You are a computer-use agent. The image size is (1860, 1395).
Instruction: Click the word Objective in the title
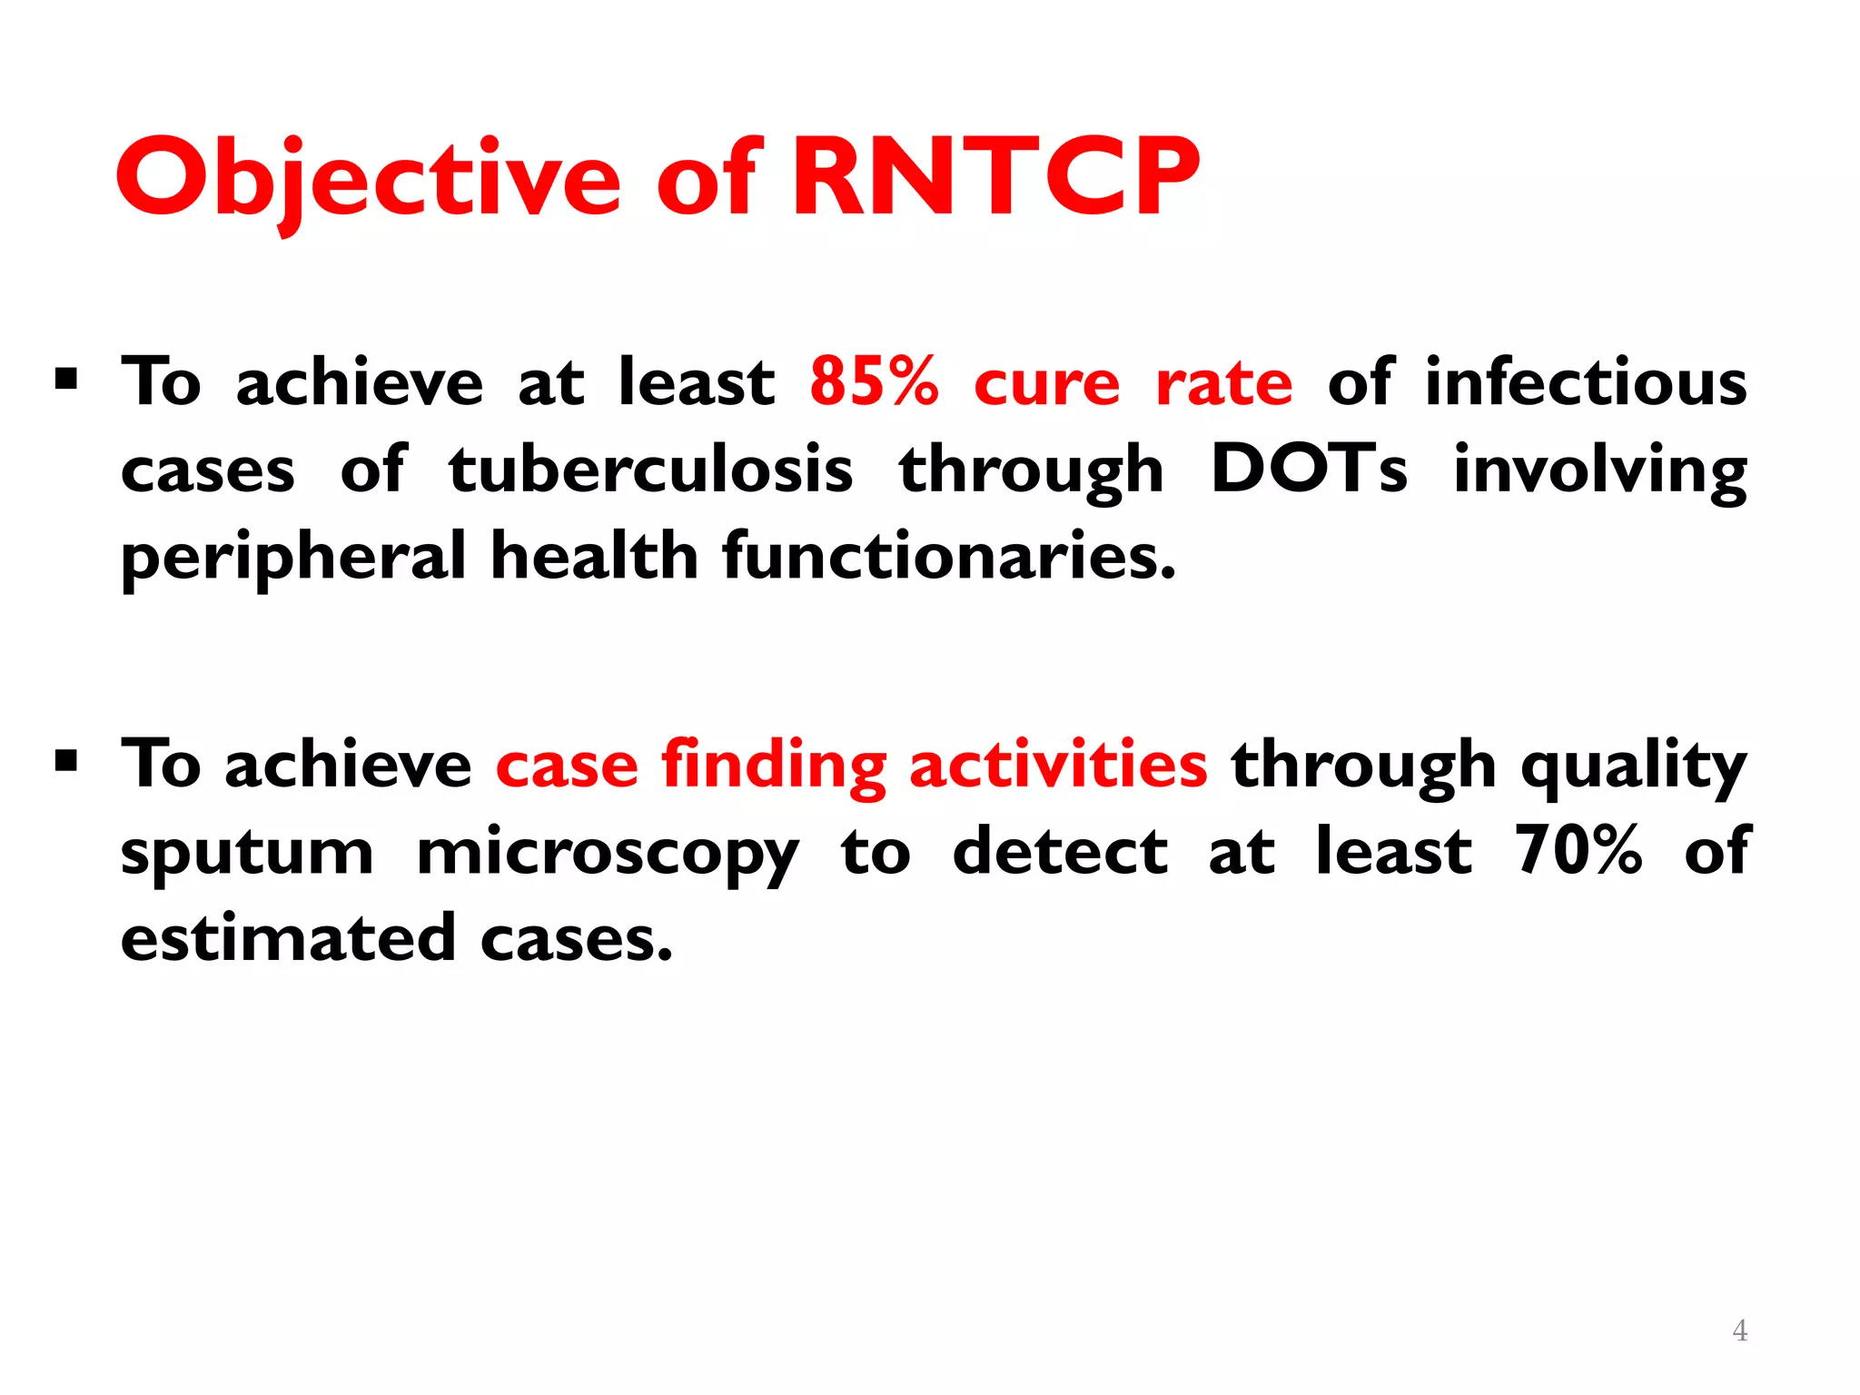pos(368,179)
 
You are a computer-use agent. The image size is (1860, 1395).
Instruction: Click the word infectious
pos(1585,381)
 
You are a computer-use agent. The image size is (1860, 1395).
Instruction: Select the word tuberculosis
pos(650,470)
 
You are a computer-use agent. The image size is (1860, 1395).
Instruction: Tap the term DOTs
pos(1309,470)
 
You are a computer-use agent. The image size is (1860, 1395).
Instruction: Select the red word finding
pos(773,766)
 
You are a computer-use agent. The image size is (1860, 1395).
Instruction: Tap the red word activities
pos(1057,764)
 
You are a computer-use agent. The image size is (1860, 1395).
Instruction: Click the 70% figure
pos(1578,851)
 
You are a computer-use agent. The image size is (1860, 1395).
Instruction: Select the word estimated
pos(287,938)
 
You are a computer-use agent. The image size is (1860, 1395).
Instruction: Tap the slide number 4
pos(1739,1331)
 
